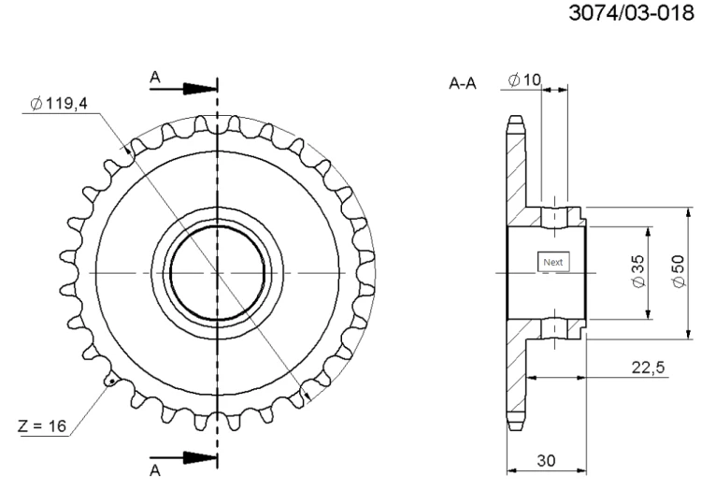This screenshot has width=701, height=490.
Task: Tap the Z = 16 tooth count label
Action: pos(41,426)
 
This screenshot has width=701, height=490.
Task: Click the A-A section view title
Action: pos(463,84)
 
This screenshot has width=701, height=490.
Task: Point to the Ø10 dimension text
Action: pos(525,80)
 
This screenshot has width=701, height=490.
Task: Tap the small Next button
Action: pos(553,263)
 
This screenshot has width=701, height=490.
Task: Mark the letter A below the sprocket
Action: pos(155,470)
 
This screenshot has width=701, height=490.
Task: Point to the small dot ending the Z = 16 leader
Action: pos(111,381)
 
